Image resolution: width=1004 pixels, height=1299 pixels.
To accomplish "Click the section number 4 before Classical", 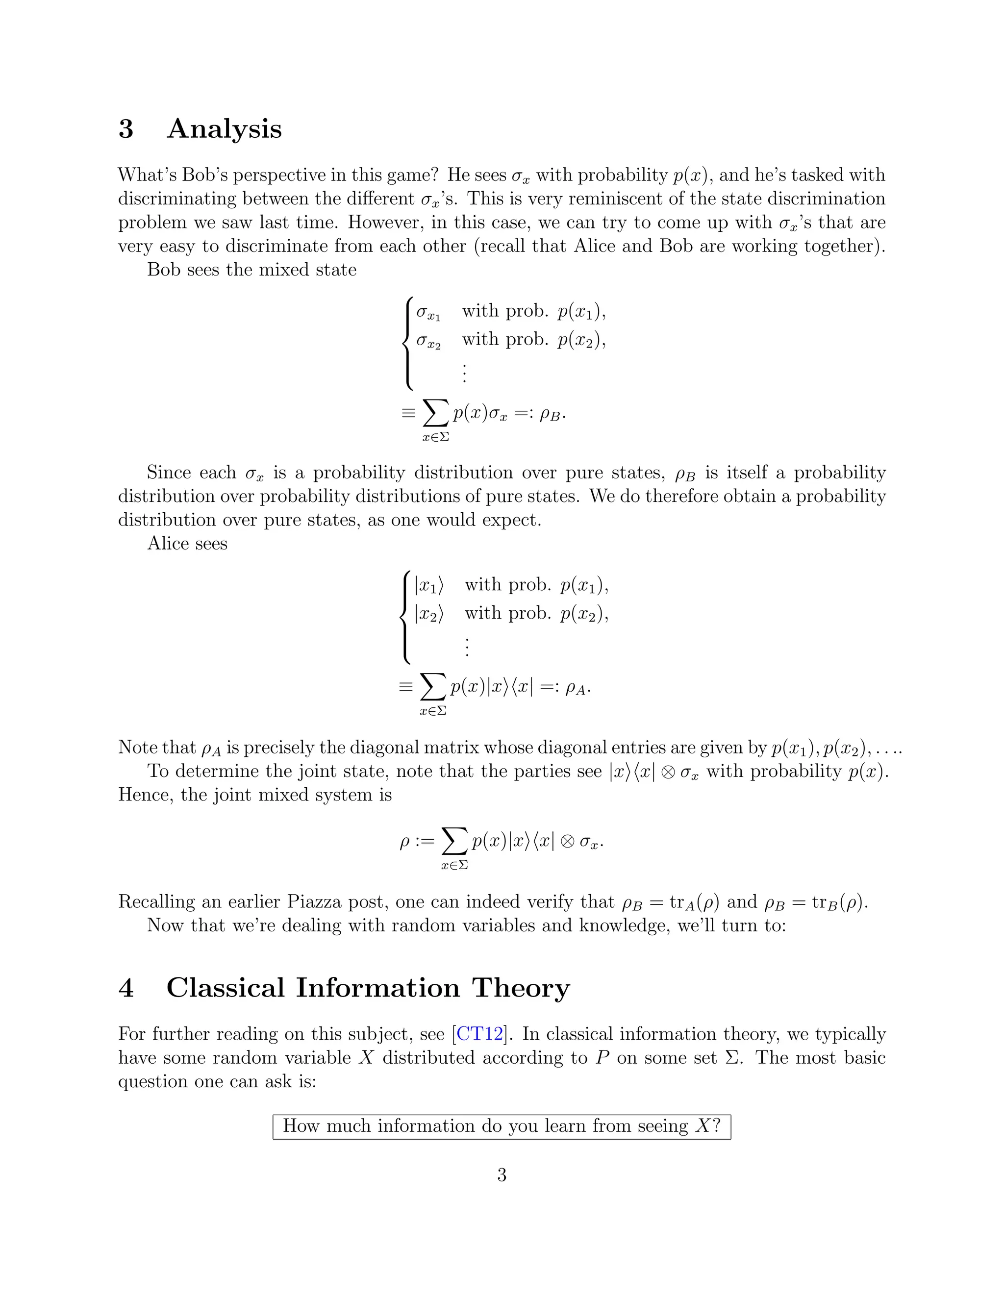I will [126, 988].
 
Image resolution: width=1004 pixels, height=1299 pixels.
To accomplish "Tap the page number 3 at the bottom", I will [502, 1174].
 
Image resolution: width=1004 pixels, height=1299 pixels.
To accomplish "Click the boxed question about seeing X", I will [502, 1126].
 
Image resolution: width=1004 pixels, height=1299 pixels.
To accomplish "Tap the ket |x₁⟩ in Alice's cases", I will [429, 585].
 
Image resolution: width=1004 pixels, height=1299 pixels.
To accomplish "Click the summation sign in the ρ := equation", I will [454, 842].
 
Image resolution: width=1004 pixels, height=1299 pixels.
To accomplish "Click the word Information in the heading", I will [377, 988].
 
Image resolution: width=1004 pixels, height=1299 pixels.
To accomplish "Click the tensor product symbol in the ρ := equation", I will [567, 842].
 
